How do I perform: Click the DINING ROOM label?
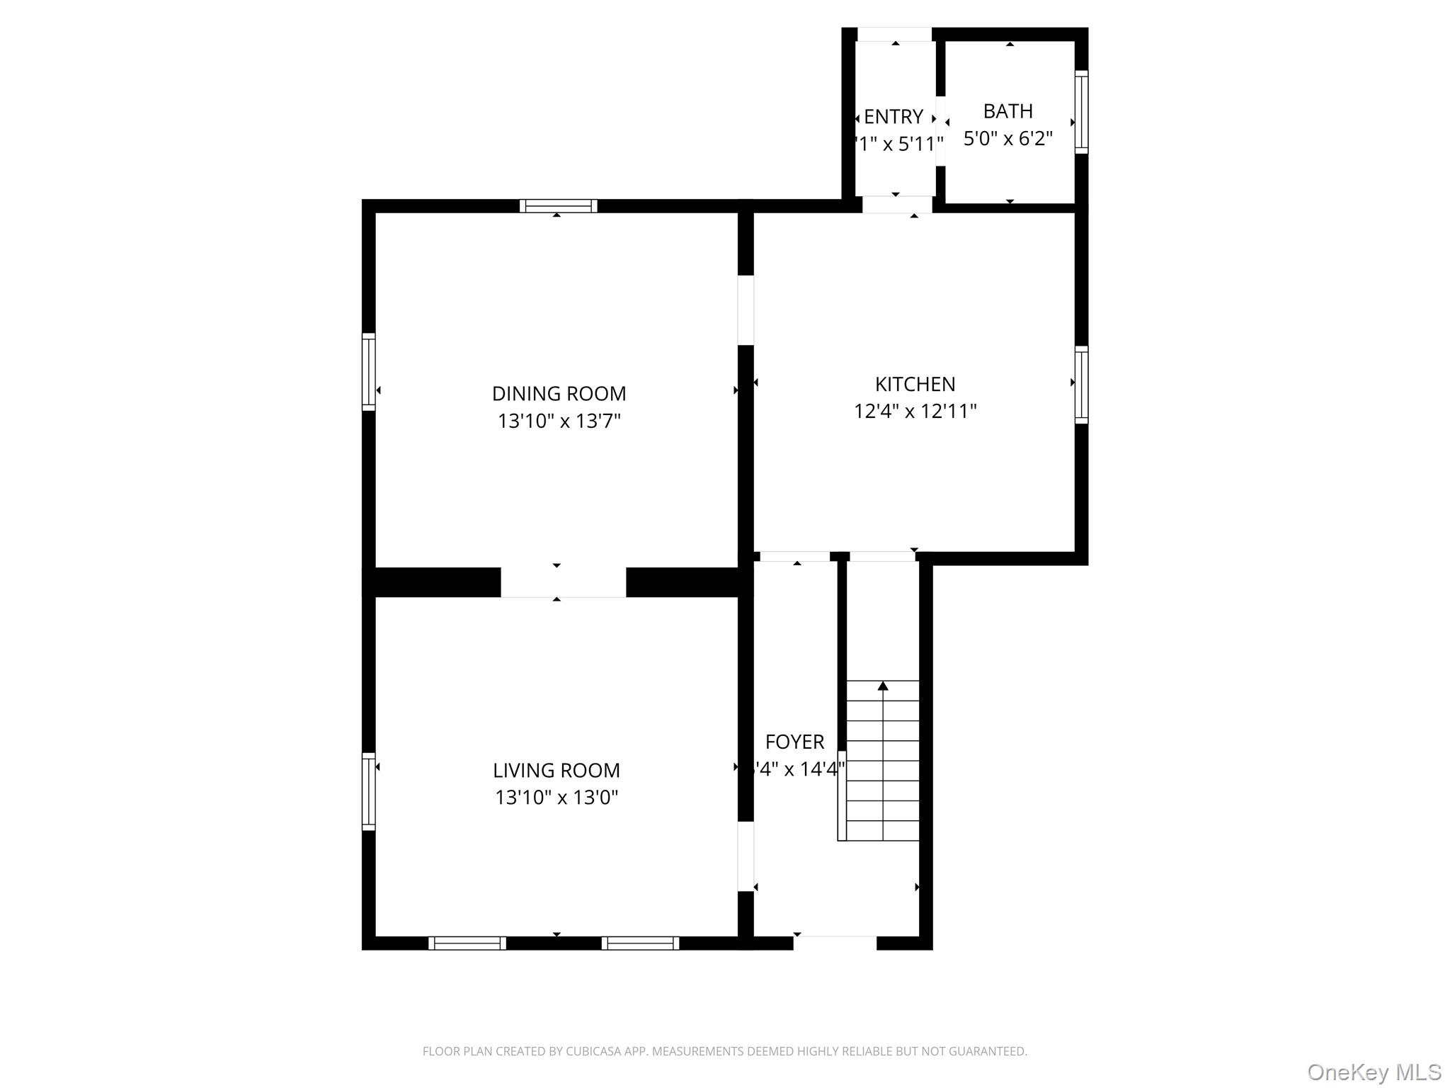[x=559, y=393]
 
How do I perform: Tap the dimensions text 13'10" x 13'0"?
[x=556, y=798]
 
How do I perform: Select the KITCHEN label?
[x=915, y=384]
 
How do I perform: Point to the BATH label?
[x=1007, y=111]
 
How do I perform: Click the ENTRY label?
[x=894, y=116]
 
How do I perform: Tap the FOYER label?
[x=794, y=742]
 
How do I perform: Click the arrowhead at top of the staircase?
[x=883, y=686]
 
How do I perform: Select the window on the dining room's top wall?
[x=558, y=206]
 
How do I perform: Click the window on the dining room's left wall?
[x=368, y=371]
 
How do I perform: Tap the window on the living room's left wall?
[x=368, y=791]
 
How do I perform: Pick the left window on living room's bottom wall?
[x=467, y=943]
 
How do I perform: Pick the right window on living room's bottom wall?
[x=640, y=943]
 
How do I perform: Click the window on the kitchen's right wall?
[x=1081, y=385]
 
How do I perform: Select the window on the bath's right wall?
[x=1081, y=112]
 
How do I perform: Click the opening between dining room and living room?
[x=563, y=582]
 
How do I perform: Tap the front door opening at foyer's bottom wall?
[x=835, y=943]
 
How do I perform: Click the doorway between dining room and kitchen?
[x=746, y=310]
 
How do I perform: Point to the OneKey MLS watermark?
[x=1374, y=1072]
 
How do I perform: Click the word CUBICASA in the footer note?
[x=593, y=1051]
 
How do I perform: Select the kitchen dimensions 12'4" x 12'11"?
[x=915, y=411]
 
